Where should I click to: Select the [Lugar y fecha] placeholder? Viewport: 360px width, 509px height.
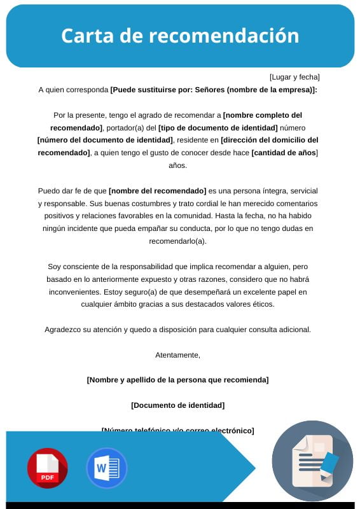coord(294,77)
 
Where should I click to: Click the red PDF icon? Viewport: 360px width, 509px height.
coord(47,468)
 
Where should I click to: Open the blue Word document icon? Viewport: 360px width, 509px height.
coord(106,468)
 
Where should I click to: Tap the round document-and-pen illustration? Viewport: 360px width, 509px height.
coord(312,461)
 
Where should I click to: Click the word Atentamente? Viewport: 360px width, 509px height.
coord(177,355)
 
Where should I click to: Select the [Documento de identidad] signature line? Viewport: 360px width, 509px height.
coord(177,405)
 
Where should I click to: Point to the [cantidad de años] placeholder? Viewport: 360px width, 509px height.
coord(284,153)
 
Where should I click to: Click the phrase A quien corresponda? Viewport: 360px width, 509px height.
coord(73,90)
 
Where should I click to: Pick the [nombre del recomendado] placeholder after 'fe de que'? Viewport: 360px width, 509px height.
coord(158,191)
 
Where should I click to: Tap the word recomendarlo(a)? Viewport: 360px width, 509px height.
coord(177,242)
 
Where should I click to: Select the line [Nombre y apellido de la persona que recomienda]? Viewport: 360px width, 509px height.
coord(177,380)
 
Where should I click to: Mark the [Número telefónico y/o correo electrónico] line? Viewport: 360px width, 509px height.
coord(177,431)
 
